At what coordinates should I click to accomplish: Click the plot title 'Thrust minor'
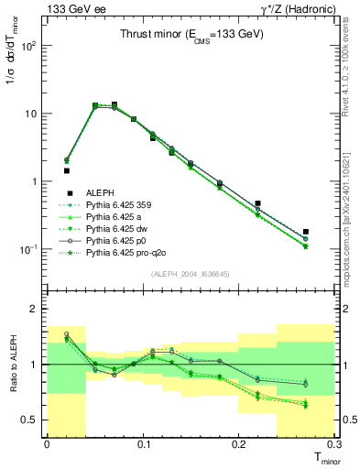191,35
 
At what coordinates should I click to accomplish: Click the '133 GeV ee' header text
71,8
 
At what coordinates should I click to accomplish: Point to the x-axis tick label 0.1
143,443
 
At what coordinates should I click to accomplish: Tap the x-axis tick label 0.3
334,443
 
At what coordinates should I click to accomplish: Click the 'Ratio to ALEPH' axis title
16,365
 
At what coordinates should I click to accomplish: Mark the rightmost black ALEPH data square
306,232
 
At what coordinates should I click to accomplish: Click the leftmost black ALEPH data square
66,170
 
